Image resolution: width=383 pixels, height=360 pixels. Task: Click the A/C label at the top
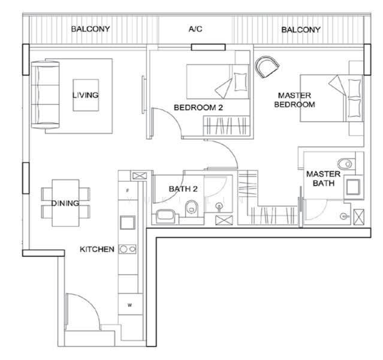(x=195, y=29)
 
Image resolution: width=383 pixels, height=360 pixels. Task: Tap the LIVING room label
(x=86, y=95)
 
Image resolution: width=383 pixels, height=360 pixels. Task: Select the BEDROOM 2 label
(x=198, y=107)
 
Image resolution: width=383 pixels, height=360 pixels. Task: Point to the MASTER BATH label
(x=324, y=179)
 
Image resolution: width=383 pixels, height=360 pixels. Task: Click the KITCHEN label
(x=97, y=249)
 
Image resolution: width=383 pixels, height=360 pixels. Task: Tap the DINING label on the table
(x=65, y=203)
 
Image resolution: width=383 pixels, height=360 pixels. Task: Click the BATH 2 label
(x=183, y=189)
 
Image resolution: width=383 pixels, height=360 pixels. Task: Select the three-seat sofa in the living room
(x=46, y=95)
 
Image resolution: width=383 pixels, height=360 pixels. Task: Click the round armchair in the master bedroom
(x=267, y=67)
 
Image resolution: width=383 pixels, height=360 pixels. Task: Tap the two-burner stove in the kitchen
(x=128, y=249)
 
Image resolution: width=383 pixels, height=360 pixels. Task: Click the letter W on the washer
(x=129, y=305)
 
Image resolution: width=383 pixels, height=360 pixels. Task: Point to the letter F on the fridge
(x=127, y=191)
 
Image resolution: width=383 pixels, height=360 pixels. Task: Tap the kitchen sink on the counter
(x=128, y=223)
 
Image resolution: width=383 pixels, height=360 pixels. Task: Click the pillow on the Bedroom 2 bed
(x=240, y=82)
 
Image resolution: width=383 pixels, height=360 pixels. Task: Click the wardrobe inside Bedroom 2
(x=227, y=125)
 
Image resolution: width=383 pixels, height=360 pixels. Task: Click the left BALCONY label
(x=91, y=29)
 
